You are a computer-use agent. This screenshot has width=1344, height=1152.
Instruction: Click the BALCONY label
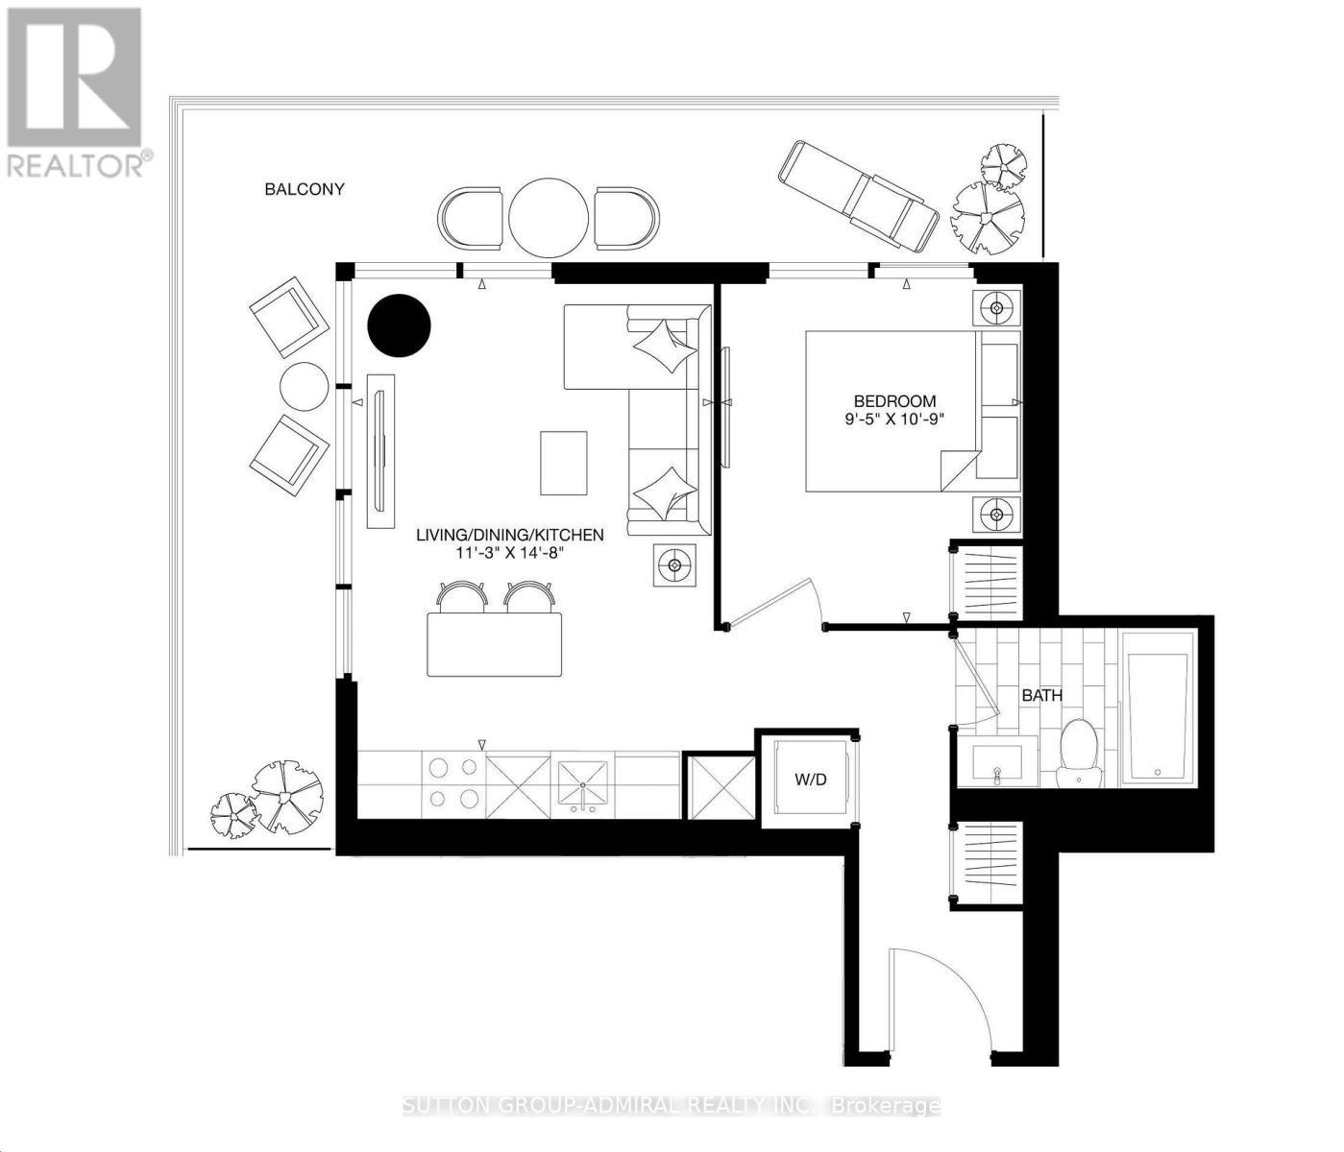[305, 189]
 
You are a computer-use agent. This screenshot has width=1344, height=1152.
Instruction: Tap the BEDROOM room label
[894, 400]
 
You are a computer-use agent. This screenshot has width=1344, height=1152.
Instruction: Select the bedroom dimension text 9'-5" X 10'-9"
[894, 420]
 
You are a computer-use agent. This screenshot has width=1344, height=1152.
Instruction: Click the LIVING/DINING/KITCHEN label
[509, 535]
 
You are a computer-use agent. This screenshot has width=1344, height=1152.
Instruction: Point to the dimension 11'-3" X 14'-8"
[509, 553]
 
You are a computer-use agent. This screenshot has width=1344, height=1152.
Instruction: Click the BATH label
[1041, 695]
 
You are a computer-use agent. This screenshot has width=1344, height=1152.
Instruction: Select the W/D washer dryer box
[810, 779]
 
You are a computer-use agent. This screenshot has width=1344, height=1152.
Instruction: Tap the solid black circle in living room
[399, 325]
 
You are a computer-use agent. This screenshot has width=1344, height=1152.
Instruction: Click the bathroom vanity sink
[997, 762]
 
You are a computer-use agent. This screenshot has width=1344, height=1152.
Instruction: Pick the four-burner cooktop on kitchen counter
[453, 783]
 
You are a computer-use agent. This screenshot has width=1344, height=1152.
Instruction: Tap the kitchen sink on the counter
[583, 784]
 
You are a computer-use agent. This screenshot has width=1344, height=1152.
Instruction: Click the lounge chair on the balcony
[858, 196]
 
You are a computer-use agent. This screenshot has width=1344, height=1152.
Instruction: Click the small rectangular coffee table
[563, 463]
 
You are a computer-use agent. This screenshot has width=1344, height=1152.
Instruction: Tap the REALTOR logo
[75, 91]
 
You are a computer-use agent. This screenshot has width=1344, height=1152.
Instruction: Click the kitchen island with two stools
[494, 643]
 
